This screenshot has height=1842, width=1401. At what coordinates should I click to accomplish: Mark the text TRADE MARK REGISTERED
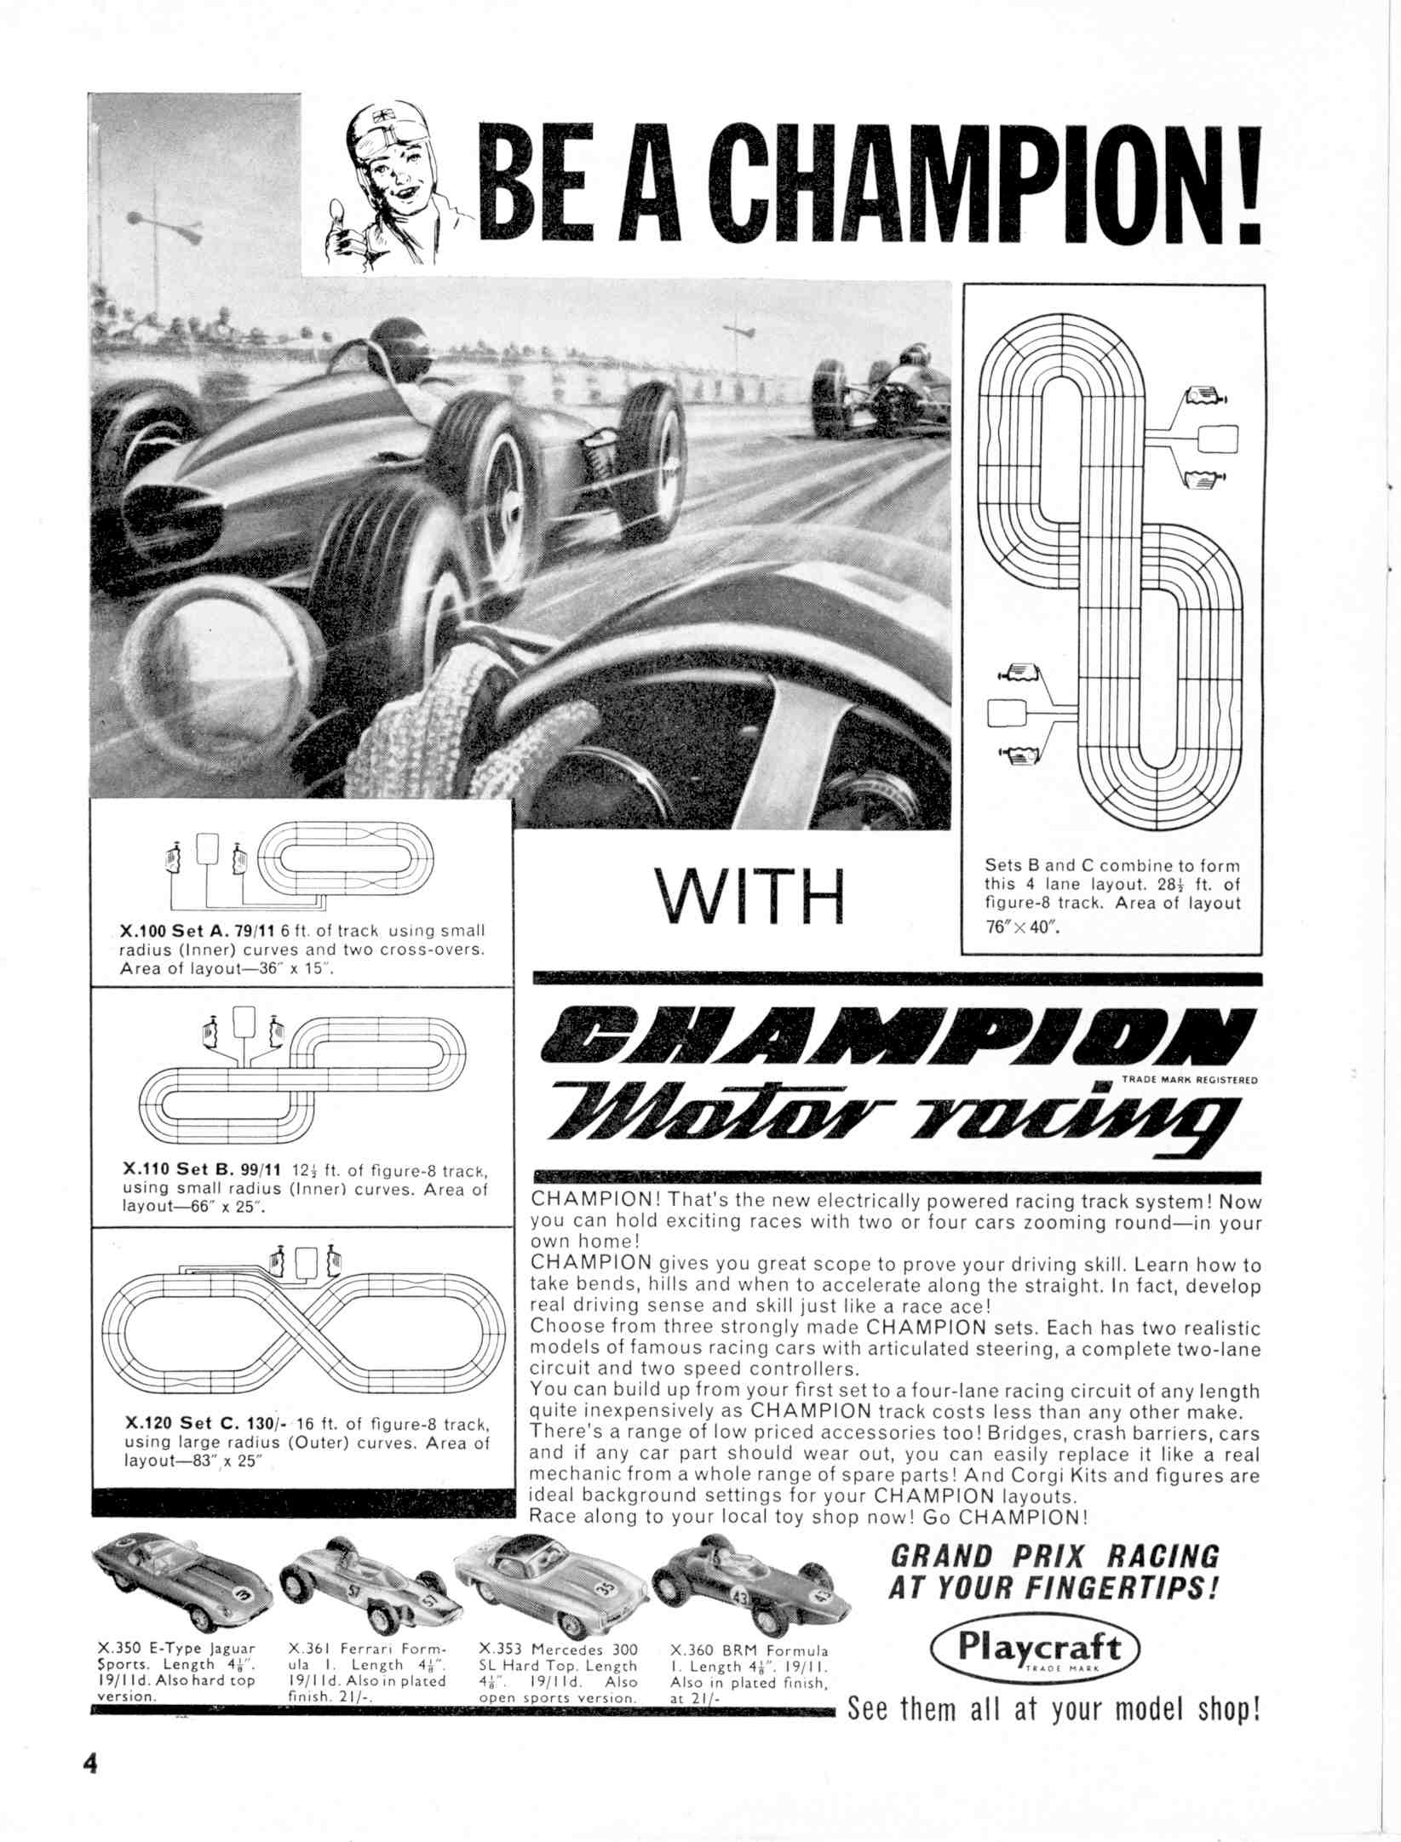pyautogui.click(x=1189, y=1080)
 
